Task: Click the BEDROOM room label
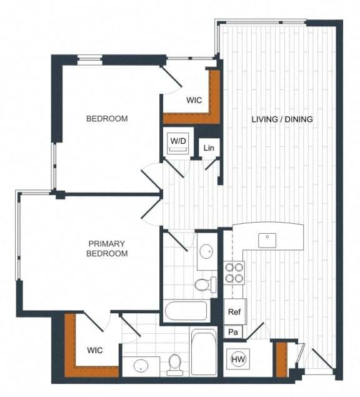tap(107, 119)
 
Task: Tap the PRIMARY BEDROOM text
tap(107, 248)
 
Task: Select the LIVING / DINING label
tap(282, 119)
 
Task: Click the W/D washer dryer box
tap(178, 142)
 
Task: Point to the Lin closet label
tap(209, 148)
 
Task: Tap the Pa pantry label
tap(233, 332)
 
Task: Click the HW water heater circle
tap(238, 359)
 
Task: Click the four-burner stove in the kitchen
tap(234, 273)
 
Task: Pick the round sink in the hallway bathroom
tap(206, 251)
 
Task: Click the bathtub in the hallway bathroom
tap(185, 311)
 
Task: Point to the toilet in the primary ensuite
tap(175, 363)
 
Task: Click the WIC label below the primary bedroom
tap(95, 350)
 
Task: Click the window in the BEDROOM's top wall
tap(89, 60)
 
